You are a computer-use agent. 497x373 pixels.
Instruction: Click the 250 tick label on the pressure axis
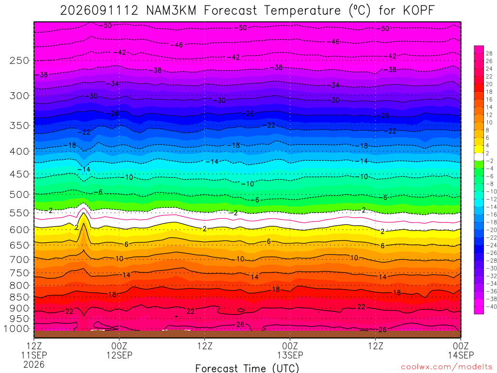point(19,60)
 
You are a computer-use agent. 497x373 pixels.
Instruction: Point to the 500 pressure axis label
point(19,194)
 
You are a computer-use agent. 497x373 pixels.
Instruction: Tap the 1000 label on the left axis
point(17,329)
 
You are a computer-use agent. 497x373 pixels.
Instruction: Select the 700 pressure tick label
point(19,259)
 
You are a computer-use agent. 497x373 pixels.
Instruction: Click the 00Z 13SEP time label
point(290,350)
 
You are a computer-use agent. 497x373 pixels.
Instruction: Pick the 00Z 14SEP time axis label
point(461,350)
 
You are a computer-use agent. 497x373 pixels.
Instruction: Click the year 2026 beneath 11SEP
point(34,364)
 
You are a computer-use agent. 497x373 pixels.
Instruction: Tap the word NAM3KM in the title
point(171,11)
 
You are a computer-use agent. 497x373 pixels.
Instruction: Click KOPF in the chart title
point(418,11)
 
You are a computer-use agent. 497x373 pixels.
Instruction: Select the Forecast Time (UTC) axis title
point(247,368)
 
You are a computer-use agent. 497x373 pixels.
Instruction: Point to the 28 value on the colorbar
point(489,53)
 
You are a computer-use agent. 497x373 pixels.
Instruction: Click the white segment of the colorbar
point(479,157)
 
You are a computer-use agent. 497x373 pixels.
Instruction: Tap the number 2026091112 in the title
point(99,11)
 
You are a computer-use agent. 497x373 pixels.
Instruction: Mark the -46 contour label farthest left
point(177,45)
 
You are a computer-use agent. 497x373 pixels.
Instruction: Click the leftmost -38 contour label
point(42,75)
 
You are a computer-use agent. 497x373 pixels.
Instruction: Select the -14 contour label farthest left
point(84,170)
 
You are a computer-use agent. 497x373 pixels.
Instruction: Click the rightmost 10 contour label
point(354,258)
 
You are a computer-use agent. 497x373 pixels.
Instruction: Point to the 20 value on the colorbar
point(489,84)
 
